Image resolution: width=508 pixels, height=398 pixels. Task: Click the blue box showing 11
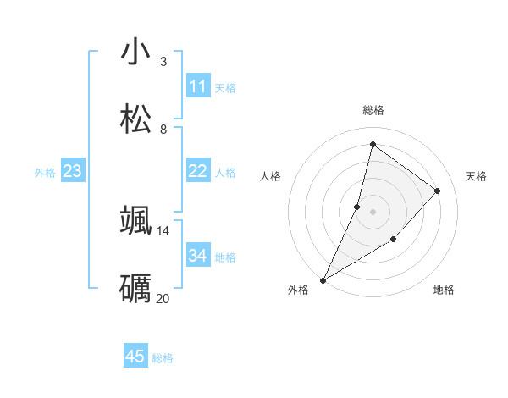[x=198, y=86]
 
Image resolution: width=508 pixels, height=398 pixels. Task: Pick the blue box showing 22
[x=198, y=171]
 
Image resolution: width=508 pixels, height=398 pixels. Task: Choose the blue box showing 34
[x=198, y=256]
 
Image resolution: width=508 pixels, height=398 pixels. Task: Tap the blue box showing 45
[x=135, y=357]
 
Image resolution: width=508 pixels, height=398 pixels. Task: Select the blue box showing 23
[x=73, y=171]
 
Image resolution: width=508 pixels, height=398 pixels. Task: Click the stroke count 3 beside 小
[x=163, y=62]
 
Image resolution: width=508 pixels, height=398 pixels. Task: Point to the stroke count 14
[x=163, y=230]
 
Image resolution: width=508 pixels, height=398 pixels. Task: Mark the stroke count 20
[x=163, y=298]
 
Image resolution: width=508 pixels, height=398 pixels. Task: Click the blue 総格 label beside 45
[x=163, y=358]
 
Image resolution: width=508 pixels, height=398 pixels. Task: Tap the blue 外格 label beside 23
[x=45, y=173]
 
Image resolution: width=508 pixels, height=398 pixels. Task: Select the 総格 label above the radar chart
[x=373, y=110]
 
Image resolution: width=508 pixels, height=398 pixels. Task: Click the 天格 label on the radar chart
[x=476, y=176]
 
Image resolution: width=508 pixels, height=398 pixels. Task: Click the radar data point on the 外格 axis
[x=323, y=279]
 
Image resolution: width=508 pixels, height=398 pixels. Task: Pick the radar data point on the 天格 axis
[x=438, y=191]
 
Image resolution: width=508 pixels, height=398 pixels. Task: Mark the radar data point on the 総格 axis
[x=372, y=144]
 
